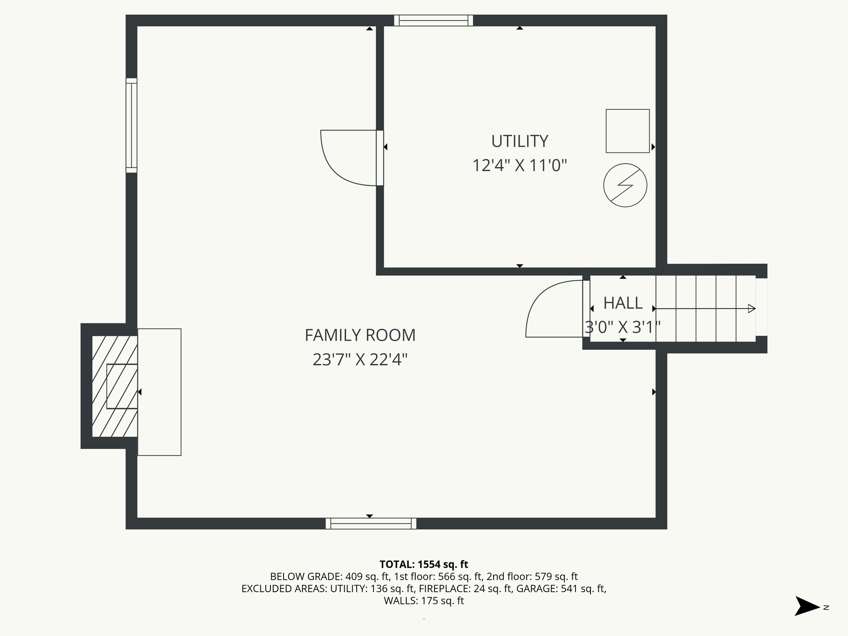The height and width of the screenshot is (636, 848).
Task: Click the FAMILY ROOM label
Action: point(360,335)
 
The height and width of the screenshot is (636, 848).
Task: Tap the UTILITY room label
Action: point(520,141)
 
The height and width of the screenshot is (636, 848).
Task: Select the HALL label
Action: point(623,303)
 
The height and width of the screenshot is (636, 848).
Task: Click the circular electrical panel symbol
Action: point(625,185)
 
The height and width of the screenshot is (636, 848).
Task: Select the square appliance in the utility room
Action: point(627,131)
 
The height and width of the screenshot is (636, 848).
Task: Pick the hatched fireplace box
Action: point(114,386)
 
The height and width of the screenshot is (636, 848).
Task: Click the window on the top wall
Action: point(433,20)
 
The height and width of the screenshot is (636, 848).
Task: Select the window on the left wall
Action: point(131,125)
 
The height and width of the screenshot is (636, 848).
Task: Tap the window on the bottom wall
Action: point(371,523)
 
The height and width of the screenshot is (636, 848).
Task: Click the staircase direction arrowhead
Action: point(752,308)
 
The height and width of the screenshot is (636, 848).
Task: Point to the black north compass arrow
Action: point(806,606)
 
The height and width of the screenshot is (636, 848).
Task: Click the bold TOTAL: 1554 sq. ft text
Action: point(424,564)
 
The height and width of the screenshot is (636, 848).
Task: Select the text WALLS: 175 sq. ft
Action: point(424,601)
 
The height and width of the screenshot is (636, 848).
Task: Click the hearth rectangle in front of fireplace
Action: point(159,392)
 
